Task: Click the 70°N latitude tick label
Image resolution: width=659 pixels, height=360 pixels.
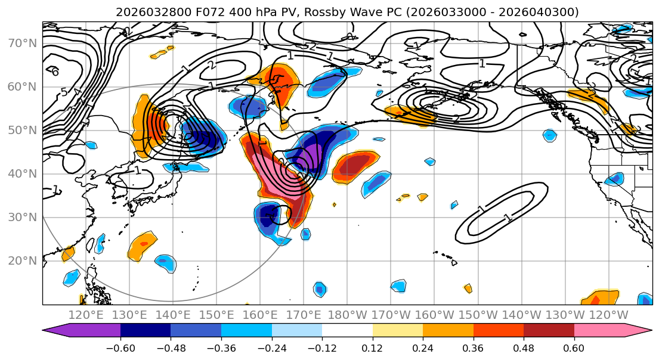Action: (23, 44)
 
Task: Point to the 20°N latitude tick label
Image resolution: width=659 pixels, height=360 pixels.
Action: (23, 261)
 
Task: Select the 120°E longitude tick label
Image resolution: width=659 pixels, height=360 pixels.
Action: (86, 315)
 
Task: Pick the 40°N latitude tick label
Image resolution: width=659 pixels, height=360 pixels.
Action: (23, 174)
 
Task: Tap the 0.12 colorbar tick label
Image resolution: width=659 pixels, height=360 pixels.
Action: (372, 347)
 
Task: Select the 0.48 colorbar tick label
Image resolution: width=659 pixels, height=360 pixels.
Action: (524, 347)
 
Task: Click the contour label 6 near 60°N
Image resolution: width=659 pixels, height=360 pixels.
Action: (55, 72)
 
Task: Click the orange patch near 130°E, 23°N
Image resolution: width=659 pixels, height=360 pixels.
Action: (143, 244)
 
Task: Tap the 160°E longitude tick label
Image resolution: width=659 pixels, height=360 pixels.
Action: (260, 315)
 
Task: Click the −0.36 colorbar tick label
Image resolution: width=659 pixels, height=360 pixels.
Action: (221, 347)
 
